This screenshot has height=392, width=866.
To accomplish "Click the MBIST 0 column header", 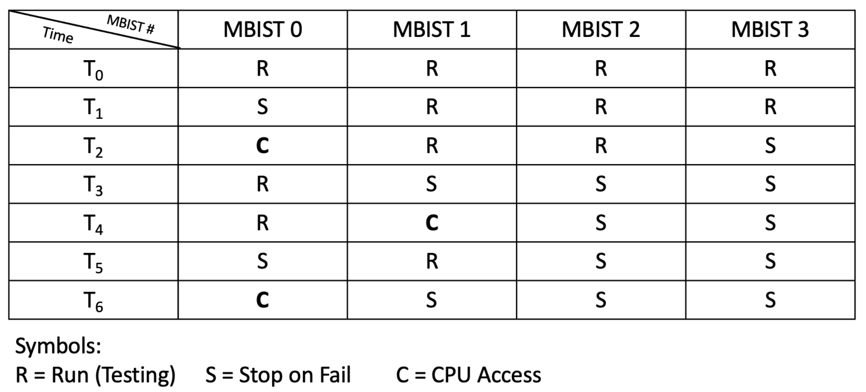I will [263, 30].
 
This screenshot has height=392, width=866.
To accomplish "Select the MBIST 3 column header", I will [770, 30].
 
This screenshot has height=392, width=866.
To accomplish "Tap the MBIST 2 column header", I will [600, 30].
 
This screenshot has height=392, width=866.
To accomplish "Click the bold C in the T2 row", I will [262, 146].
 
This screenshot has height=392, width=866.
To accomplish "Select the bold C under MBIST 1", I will [432, 223].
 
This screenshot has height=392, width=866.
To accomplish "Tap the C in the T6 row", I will [262, 300].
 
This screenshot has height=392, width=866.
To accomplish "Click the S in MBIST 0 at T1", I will [262, 107].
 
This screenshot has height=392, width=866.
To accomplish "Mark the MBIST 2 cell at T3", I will [601, 184].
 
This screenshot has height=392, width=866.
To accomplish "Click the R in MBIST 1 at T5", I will [432, 261].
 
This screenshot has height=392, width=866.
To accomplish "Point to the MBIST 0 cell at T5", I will [262, 261].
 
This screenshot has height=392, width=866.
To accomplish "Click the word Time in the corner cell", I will [58, 35].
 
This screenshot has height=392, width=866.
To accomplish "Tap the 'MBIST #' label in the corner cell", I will [130, 25].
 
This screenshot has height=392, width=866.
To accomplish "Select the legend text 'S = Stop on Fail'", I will [278, 375].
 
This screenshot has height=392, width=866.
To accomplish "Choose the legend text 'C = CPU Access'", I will [468, 375].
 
